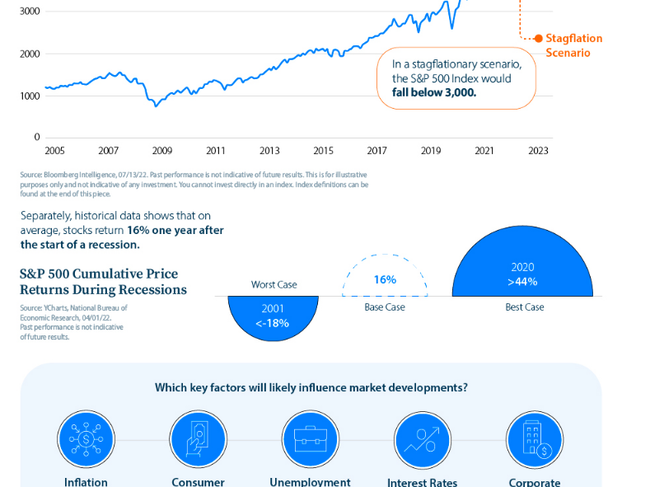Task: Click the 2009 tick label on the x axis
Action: pyautogui.click(x=162, y=151)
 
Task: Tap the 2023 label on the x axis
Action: pyautogui.click(x=538, y=151)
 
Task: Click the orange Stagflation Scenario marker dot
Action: pyautogui.click(x=539, y=38)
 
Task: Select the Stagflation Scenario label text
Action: pyautogui.click(x=573, y=45)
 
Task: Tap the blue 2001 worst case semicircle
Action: pyautogui.click(x=272, y=317)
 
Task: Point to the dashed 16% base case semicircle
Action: pyautogui.click(x=385, y=279)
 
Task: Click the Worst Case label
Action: pyautogui.click(x=274, y=285)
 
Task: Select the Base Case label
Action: pyautogui.click(x=385, y=307)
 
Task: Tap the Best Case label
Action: pyautogui.click(x=524, y=307)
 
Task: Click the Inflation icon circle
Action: pyautogui.click(x=86, y=439)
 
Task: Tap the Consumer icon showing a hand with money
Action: pyautogui.click(x=198, y=439)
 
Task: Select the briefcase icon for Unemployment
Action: pyautogui.click(x=310, y=439)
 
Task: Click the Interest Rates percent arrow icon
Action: pyautogui.click(x=422, y=439)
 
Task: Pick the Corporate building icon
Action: pyautogui.click(x=534, y=439)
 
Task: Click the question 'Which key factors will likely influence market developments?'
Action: pyautogui.click(x=310, y=387)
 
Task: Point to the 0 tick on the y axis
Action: pyautogui.click(x=37, y=137)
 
